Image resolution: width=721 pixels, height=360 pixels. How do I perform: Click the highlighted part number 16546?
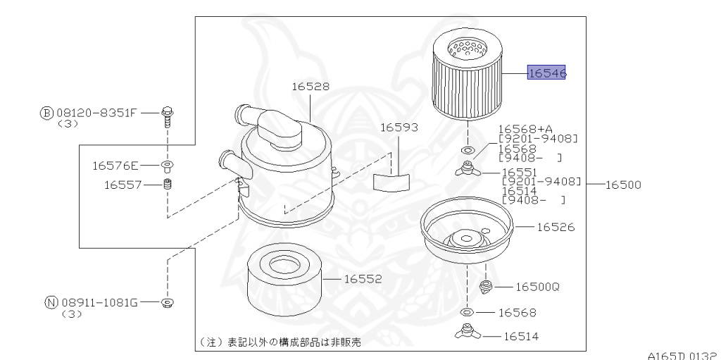pos(546,73)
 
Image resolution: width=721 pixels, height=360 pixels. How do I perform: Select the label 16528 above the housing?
pos(311,87)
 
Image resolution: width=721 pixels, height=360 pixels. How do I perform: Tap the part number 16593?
pos(399,128)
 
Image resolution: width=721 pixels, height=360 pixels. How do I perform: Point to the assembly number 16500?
pos(623,185)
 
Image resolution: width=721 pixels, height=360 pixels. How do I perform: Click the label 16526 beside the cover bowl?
pos(556,227)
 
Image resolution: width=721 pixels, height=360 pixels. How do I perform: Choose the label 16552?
pos(363,279)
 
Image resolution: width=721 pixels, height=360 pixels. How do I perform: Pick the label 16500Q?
pos(537,287)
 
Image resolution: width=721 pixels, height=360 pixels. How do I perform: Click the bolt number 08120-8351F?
pos(96,113)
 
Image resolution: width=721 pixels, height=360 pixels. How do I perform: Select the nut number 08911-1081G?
pos(99,302)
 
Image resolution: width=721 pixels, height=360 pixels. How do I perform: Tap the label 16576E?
pos(115,166)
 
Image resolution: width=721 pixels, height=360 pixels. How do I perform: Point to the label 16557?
pos(123,185)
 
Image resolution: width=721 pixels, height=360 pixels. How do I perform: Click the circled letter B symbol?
pos(46,113)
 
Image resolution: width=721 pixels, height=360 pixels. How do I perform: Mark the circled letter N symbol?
pos(51,302)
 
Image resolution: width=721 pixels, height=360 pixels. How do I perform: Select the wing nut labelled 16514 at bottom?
pos(468,331)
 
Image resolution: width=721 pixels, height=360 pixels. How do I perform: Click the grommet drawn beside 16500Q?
pos(486,287)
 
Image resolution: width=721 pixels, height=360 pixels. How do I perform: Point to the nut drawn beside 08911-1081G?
pos(168,303)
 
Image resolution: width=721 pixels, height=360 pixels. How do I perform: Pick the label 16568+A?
pos(525,129)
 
